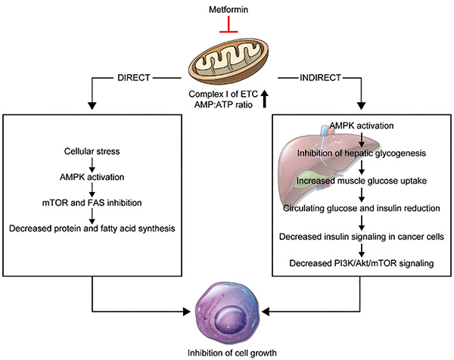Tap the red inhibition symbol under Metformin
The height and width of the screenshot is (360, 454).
click(x=227, y=27)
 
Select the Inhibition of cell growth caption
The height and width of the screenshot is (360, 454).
click(x=227, y=352)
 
